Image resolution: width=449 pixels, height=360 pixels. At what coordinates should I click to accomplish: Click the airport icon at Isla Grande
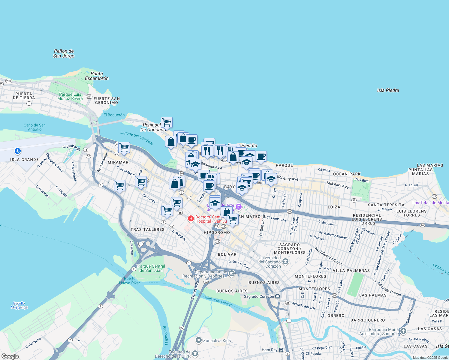(x=18, y=151)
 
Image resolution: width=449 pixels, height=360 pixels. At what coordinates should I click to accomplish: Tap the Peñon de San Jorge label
(x=64, y=53)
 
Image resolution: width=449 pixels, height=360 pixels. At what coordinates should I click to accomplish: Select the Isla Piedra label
(x=388, y=90)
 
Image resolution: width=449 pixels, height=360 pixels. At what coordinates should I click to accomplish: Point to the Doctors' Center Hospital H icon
(x=191, y=219)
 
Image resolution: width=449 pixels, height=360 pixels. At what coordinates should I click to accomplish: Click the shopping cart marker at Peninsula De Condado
(x=167, y=122)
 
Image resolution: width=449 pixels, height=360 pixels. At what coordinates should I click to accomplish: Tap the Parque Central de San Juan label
(x=151, y=268)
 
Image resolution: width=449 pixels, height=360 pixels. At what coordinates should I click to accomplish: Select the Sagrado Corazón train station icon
(x=278, y=296)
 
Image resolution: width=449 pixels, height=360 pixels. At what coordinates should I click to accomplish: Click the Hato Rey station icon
(x=281, y=350)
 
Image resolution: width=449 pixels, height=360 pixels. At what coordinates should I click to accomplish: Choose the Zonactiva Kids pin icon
(x=198, y=340)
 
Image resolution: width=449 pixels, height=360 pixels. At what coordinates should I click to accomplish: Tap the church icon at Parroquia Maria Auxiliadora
(x=403, y=331)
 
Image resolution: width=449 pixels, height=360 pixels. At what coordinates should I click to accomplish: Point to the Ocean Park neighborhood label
(x=347, y=174)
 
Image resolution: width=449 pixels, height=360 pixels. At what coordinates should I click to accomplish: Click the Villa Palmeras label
(x=351, y=271)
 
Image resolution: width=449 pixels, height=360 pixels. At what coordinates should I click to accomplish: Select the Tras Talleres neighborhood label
(x=147, y=229)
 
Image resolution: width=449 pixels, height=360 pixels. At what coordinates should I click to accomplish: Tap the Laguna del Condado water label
(x=137, y=138)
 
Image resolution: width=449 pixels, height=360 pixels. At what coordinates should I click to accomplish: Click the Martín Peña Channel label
(x=218, y=301)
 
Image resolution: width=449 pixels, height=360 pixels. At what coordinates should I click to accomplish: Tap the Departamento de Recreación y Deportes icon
(x=231, y=273)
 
